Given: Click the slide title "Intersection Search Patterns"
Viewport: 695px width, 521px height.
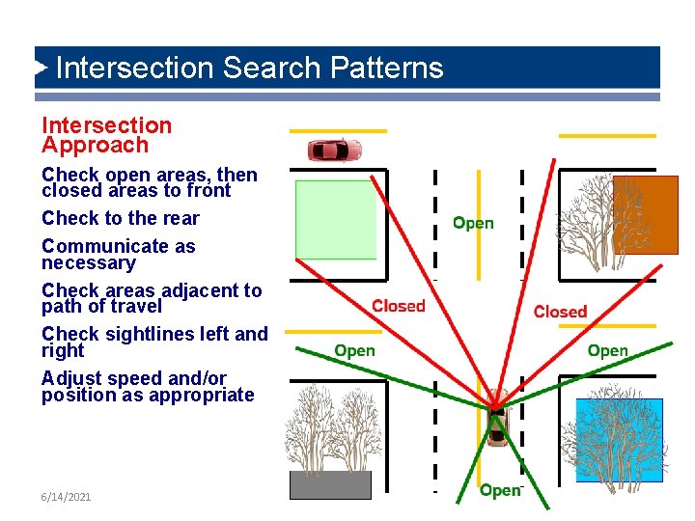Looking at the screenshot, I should tap(249, 69).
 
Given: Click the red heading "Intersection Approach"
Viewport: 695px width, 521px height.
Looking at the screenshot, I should tap(106, 135).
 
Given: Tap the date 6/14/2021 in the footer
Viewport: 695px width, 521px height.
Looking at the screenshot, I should tap(67, 496).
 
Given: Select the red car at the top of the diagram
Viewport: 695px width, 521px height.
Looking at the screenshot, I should tap(334, 151).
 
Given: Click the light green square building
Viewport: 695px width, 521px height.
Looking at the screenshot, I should tap(334, 219).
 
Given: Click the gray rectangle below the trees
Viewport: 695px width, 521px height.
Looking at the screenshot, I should tap(330, 484).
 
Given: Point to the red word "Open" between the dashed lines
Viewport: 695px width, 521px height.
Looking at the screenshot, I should tap(473, 223).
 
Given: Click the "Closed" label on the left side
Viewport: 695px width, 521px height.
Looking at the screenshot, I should tap(399, 306).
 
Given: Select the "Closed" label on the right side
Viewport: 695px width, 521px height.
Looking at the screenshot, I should tap(560, 312).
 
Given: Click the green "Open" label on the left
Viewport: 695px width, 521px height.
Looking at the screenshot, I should tap(354, 350).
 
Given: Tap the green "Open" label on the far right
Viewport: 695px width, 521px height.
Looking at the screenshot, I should tap(607, 350).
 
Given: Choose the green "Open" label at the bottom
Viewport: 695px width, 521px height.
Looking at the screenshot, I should tap(500, 491).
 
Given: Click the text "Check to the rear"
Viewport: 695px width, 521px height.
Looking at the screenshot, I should tap(120, 218).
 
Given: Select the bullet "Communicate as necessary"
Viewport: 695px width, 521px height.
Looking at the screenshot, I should tap(118, 255).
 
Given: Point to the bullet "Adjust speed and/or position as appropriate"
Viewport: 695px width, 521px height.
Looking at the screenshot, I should tap(148, 386).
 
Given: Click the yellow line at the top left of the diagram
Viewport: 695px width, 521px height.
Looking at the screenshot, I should tap(338, 130).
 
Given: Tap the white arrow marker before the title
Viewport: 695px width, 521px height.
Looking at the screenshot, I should tap(41, 69).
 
